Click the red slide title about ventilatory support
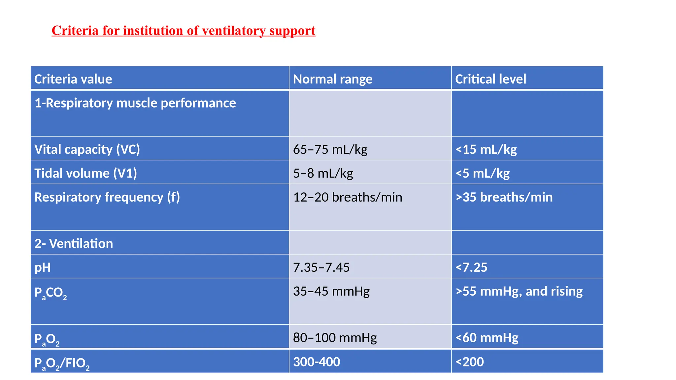click(x=184, y=31)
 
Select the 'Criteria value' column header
click(x=73, y=79)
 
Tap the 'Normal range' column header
click(x=333, y=79)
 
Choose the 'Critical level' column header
click(x=490, y=79)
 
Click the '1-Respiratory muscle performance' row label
click(x=135, y=103)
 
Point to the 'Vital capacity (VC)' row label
click(x=87, y=149)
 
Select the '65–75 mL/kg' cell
click(x=330, y=149)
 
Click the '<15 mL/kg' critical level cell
click(x=486, y=149)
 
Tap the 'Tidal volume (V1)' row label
click(x=86, y=173)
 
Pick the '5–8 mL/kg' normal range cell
click(x=323, y=173)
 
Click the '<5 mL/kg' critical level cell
click(x=482, y=173)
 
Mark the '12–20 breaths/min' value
click(x=348, y=197)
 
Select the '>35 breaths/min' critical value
click(x=504, y=197)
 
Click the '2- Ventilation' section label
click(x=74, y=244)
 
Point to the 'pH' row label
click(x=43, y=268)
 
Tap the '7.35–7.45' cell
click(x=321, y=268)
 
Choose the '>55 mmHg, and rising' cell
click(x=519, y=291)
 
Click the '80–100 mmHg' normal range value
click(x=335, y=338)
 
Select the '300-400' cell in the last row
click(x=317, y=362)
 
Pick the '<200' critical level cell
click(x=469, y=362)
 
